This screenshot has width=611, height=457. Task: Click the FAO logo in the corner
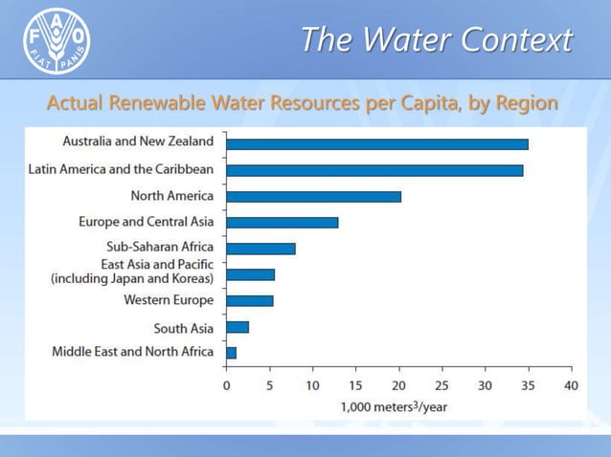57,43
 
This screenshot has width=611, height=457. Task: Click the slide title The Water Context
436,40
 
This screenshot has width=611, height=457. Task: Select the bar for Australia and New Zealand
376,144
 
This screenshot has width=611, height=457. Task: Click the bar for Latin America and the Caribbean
373,170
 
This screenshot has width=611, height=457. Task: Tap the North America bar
313,197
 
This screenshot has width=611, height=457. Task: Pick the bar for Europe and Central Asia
282,223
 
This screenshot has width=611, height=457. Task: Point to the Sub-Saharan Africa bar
260,249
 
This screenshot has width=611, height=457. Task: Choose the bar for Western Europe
249,300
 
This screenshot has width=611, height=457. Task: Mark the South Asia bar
238,327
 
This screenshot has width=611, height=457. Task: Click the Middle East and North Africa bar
231,353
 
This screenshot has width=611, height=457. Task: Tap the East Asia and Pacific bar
250,274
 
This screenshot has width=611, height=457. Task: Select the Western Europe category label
169,300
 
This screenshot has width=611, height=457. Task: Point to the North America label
172,197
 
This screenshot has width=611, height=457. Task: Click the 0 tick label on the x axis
227,385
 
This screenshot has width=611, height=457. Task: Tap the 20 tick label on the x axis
398,385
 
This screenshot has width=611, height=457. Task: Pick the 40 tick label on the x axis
571,385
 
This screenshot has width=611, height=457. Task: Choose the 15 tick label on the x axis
355,385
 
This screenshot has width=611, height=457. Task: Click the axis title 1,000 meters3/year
394,405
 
